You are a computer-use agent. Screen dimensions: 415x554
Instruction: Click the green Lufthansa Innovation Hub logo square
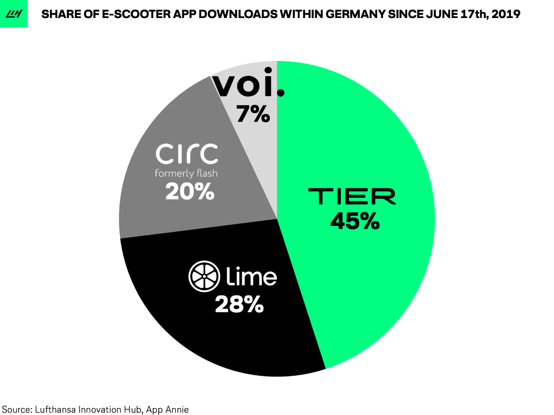(x=13, y=14)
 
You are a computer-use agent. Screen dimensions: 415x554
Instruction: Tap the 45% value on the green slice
(x=355, y=222)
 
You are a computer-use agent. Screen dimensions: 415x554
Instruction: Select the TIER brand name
(x=352, y=196)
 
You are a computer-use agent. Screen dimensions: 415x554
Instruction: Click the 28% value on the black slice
(x=239, y=305)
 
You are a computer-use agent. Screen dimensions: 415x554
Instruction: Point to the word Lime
(x=252, y=276)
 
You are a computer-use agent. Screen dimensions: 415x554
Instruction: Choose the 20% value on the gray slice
(x=190, y=191)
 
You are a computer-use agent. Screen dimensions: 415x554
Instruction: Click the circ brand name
(x=187, y=154)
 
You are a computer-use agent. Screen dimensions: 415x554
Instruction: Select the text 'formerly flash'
(x=186, y=174)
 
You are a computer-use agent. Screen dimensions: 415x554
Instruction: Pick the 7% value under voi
(x=253, y=114)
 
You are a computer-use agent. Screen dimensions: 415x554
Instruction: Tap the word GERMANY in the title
(x=373, y=14)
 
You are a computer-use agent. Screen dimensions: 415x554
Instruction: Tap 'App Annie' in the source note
(x=168, y=409)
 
